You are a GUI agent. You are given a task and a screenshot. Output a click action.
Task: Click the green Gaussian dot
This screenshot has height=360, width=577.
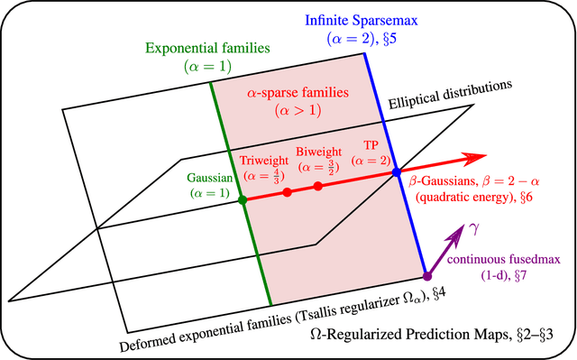click(x=243, y=200)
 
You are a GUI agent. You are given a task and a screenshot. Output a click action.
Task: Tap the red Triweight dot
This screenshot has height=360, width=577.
click(x=287, y=193)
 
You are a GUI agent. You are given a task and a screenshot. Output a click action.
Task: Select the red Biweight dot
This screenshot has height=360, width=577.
click(x=318, y=187)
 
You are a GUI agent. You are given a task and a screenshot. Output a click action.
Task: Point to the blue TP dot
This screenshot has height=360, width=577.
click(x=396, y=171)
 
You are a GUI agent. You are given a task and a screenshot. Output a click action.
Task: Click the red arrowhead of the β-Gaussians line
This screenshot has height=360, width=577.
click(x=468, y=160)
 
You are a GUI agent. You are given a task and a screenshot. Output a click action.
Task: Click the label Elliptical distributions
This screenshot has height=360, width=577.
click(x=450, y=94)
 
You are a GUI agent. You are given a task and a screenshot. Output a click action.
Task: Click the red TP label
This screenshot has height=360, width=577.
click(x=371, y=144)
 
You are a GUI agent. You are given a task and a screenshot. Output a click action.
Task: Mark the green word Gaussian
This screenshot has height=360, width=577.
click(x=210, y=178)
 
